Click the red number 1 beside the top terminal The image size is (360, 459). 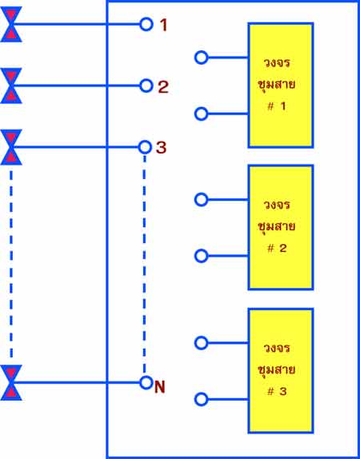164,25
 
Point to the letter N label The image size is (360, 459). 160,387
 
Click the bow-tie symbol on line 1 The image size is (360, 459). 11,24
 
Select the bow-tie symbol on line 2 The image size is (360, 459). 11,86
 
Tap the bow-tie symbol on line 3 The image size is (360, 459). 11,147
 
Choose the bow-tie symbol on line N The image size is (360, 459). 11,382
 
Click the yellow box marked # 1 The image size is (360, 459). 281,86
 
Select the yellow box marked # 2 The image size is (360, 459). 281,227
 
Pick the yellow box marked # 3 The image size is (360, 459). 281,370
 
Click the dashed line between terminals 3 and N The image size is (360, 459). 145,265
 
